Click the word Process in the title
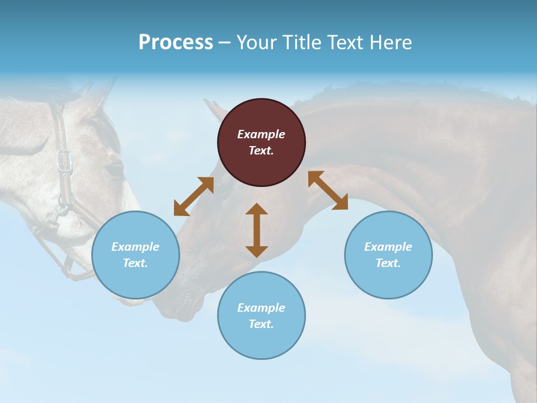[176, 43]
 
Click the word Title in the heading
[300, 43]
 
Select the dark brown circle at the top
[261, 143]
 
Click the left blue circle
[135, 255]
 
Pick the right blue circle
[388, 255]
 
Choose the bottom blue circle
[261, 316]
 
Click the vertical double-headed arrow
[257, 230]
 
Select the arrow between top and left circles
[194, 196]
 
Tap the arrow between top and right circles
[328, 190]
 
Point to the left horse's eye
[114, 168]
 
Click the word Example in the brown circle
[261, 134]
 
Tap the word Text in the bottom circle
[261, 324]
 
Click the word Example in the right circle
[388, 247]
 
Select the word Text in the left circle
[135, 263]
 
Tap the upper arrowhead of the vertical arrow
[257, 209]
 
